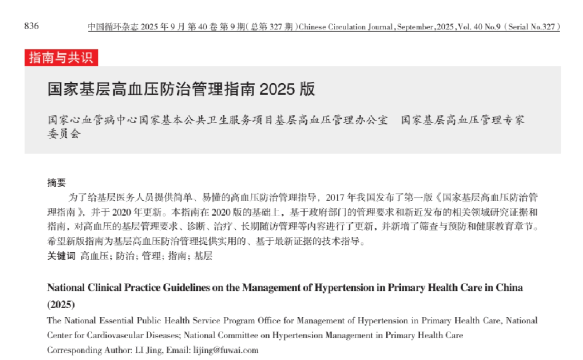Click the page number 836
(x=31, y=26)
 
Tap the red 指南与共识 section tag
(x=61, y=57)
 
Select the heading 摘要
(x=56, y=182)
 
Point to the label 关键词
(x=61, y=256)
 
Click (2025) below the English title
(x=61, y=304)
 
